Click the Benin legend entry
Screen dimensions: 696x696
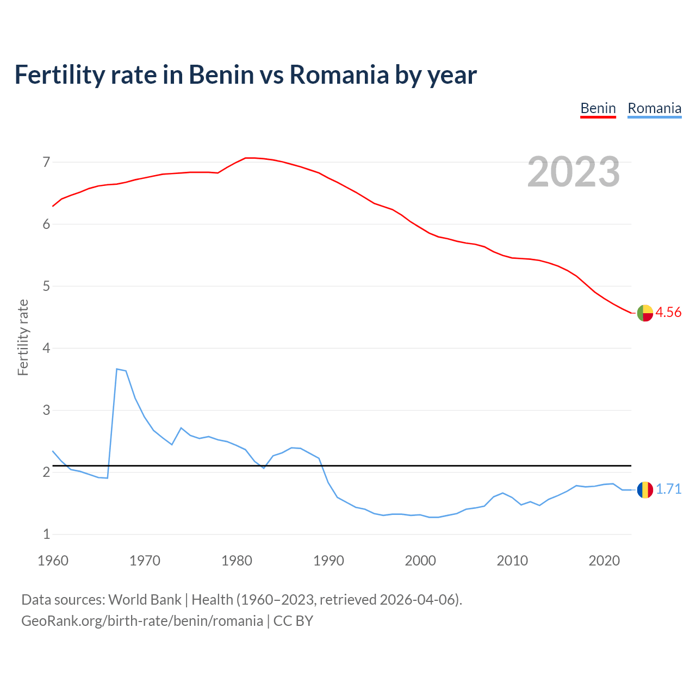pos(598,108)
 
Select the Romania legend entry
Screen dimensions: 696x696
pos(654,108)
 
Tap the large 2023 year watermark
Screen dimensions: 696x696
pos(573,172)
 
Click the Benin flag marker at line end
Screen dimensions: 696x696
pos(645,313)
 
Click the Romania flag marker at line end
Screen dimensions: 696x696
pos(645,489)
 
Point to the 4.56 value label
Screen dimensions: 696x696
pos(668,312)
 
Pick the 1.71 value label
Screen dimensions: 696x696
pos(668,489)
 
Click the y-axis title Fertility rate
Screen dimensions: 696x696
pos(23,337)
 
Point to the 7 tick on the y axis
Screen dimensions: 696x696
pos(46,162)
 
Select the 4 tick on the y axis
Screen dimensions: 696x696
pos(46,348)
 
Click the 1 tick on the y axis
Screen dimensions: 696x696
pos(46,534)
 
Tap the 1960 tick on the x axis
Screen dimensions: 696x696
pos(53,561)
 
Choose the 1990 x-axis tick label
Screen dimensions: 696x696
pos(328,561)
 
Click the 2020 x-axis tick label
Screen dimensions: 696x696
pos(604,561)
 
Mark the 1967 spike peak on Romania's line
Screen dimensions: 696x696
pos(117,369)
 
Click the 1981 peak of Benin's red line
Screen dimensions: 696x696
pos(246,158)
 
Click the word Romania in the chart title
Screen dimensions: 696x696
pos(339,74)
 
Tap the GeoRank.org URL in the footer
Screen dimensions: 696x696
pos(142,620)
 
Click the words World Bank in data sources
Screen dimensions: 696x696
pos(145,600)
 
